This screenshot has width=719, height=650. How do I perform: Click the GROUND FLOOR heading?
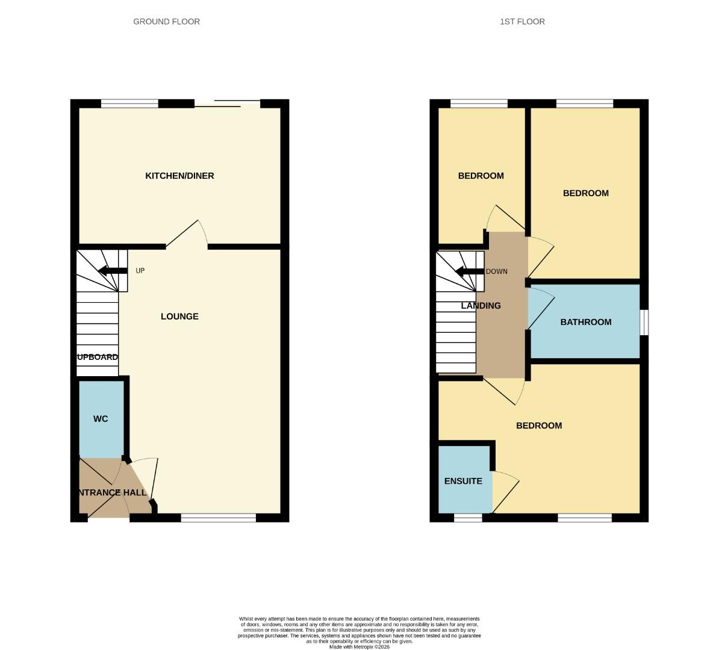[166, 22]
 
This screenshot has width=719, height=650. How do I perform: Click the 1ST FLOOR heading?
[522, 22]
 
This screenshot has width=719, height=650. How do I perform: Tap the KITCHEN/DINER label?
[179, 176]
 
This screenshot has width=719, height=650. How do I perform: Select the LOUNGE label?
[179, 317]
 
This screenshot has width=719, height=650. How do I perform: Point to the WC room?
[101, 419]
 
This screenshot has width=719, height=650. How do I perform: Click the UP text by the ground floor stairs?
[140, 271]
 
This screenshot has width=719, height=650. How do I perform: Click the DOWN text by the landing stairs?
[497, 271]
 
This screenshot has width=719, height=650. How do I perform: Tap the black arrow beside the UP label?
[113, 271]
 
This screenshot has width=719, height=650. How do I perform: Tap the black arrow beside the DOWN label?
[470, 271]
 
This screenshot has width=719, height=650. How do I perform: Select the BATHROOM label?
[585, 322]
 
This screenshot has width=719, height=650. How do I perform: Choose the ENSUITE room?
[463, 481]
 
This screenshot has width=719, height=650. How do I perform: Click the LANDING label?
[481, 306]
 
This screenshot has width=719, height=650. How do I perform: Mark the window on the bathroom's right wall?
[644, 322]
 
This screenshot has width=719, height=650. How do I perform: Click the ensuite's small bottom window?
[468, 518]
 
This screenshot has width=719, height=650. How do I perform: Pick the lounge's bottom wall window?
[218, 518]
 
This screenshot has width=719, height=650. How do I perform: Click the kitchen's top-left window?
[129, 104]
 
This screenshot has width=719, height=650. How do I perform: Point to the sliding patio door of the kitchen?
[227, 104]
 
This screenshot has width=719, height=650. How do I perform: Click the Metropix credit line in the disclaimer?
[359, 647]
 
